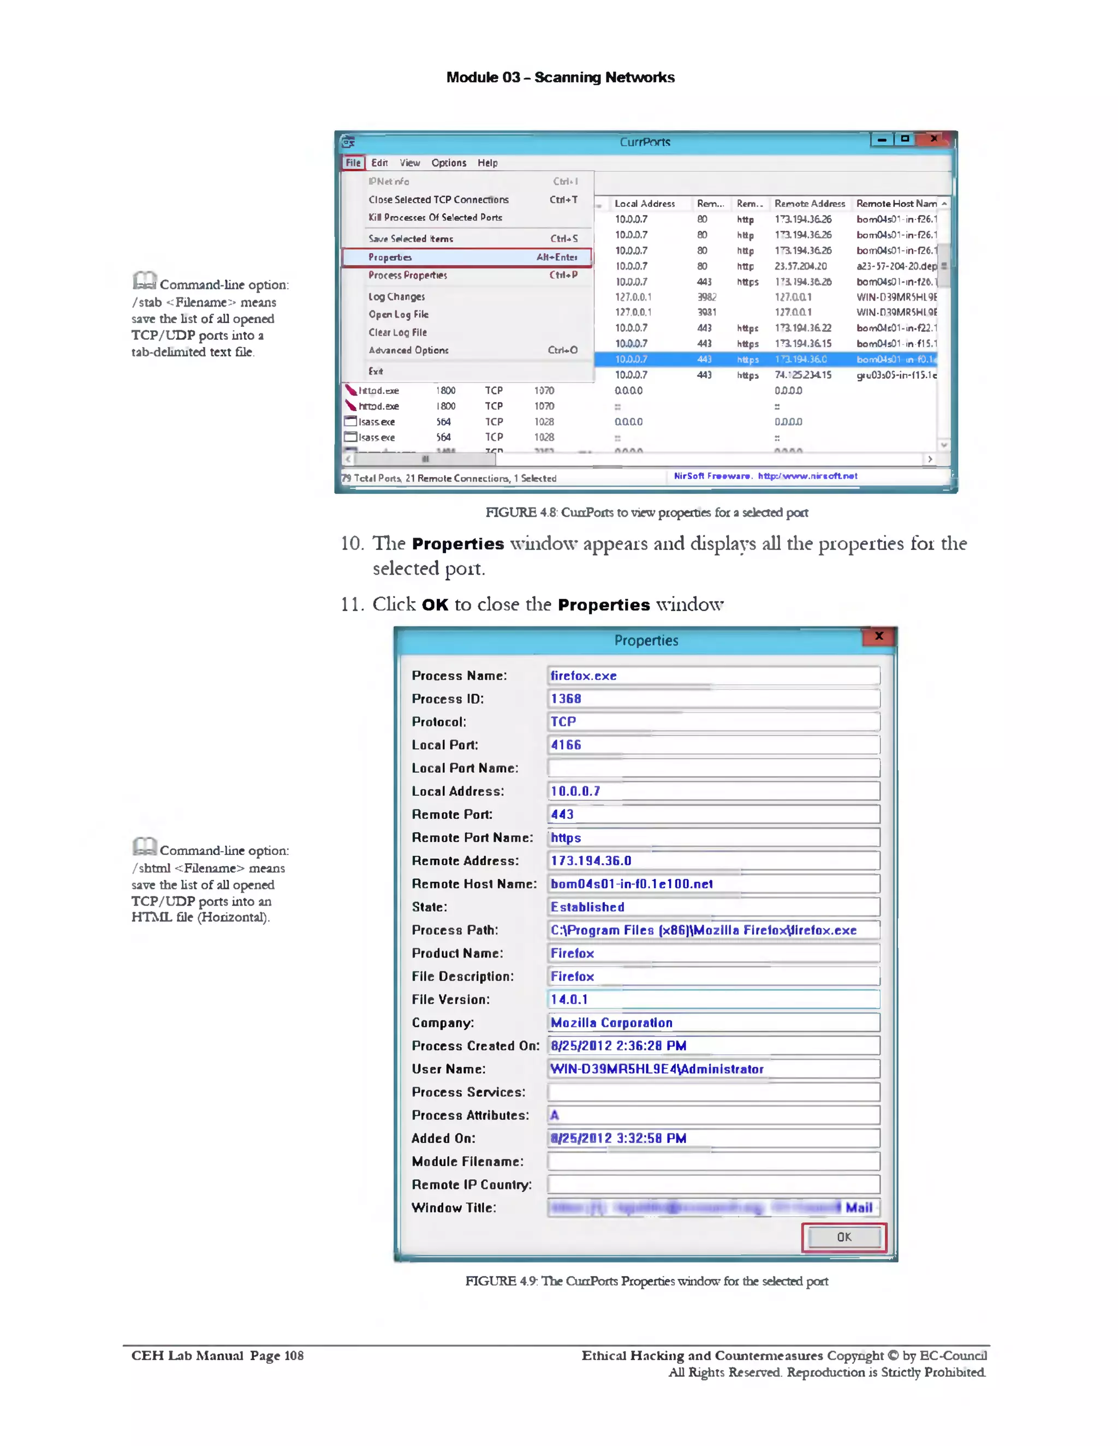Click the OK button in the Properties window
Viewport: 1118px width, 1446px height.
click(x=844, y=1237)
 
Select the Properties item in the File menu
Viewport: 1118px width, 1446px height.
click(x=466, y=257)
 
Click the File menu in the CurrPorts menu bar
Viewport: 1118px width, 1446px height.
click(x=353, y=163)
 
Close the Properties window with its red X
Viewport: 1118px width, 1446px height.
click(x=879, y=636)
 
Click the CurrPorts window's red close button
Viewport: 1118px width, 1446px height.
click(x=934, y=139)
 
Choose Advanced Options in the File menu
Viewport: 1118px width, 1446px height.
click(x=409, y=350)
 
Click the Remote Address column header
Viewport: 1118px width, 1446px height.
click(x=810, y=204)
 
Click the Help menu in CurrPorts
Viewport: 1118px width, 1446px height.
click(x=487, y=163)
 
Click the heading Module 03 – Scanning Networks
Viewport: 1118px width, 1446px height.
click(x=560, y=77)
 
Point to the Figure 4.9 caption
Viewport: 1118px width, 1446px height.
click(x=646, y=1281)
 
